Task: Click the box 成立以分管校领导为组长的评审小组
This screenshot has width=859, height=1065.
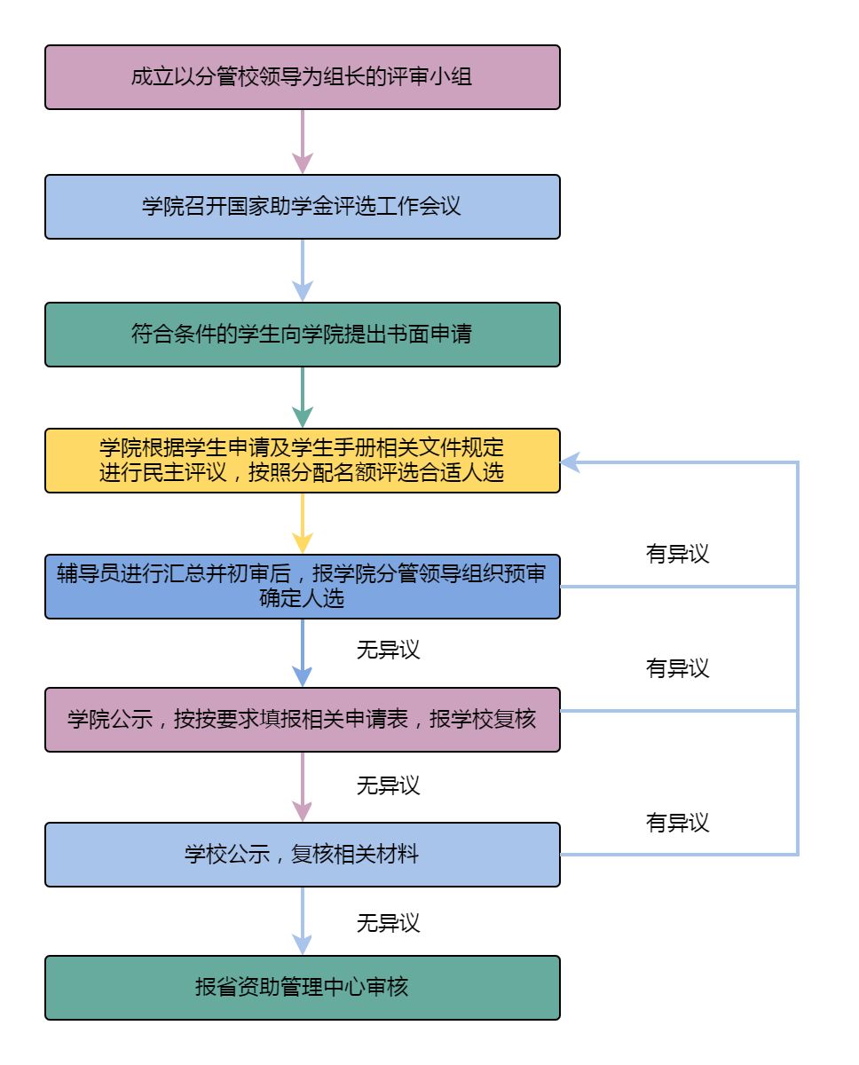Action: pyautogui.click(x=302, y=77)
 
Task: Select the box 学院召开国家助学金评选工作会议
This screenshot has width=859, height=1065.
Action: pyautogui.click(x=302, y=207)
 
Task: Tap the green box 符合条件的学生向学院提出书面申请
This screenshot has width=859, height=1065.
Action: pyautogui.click(x=302, y=335)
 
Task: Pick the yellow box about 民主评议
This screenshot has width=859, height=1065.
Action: pyautogui.click(x=302, y=461)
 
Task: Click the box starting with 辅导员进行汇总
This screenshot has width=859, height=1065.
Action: pyautogui.click(x=302, y=587)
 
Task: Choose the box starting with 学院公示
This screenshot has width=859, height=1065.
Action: pyautogui.click(x=302, y=720)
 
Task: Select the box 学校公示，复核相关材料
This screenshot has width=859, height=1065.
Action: pyautogui.click(x=302, y=855)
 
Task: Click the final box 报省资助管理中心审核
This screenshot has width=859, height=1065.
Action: pyautogui.click(x=302, y=988)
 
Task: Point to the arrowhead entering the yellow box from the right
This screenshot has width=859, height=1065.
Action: pyautogui.click(x=570, y=461)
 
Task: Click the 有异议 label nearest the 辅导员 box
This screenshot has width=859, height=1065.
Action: pyautogui.click(x=678, y=554)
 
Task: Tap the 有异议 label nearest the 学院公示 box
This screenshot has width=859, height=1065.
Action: pyautogui.click(x=678, y=668)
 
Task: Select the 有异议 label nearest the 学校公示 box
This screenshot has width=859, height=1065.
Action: pyautogui.click(x=678, y=823)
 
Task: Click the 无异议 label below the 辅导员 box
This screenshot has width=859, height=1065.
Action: pyautogui.click(x=388, y=650)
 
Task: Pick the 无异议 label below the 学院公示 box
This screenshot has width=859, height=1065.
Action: pyautogui.click(x=388, y=785)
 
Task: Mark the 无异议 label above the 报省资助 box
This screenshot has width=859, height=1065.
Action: pyautogui.click(x=388, y=923)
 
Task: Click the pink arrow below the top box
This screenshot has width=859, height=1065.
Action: pyautogui.click(x=303, y=142)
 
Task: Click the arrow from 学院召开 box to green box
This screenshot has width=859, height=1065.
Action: pyautogui.click(x=303, y=271)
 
